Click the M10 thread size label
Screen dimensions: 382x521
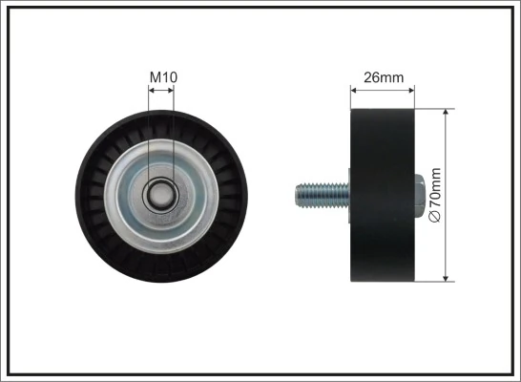coord(161,76)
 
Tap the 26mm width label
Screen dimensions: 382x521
coord(384,77)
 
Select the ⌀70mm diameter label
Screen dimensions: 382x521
coord(436,195)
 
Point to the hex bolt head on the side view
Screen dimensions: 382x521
coord(421,195)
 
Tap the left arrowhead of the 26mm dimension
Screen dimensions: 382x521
coord(355,91)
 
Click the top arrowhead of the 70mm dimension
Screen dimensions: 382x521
coord(448,112)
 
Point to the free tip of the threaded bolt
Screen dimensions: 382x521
coord(297,195)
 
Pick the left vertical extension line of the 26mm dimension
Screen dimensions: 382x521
coord(351,97)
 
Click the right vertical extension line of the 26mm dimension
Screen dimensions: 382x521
coord(415,97)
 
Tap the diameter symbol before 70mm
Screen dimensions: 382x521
coord(436,218)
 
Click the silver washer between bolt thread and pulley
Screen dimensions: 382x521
coord(347,195)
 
